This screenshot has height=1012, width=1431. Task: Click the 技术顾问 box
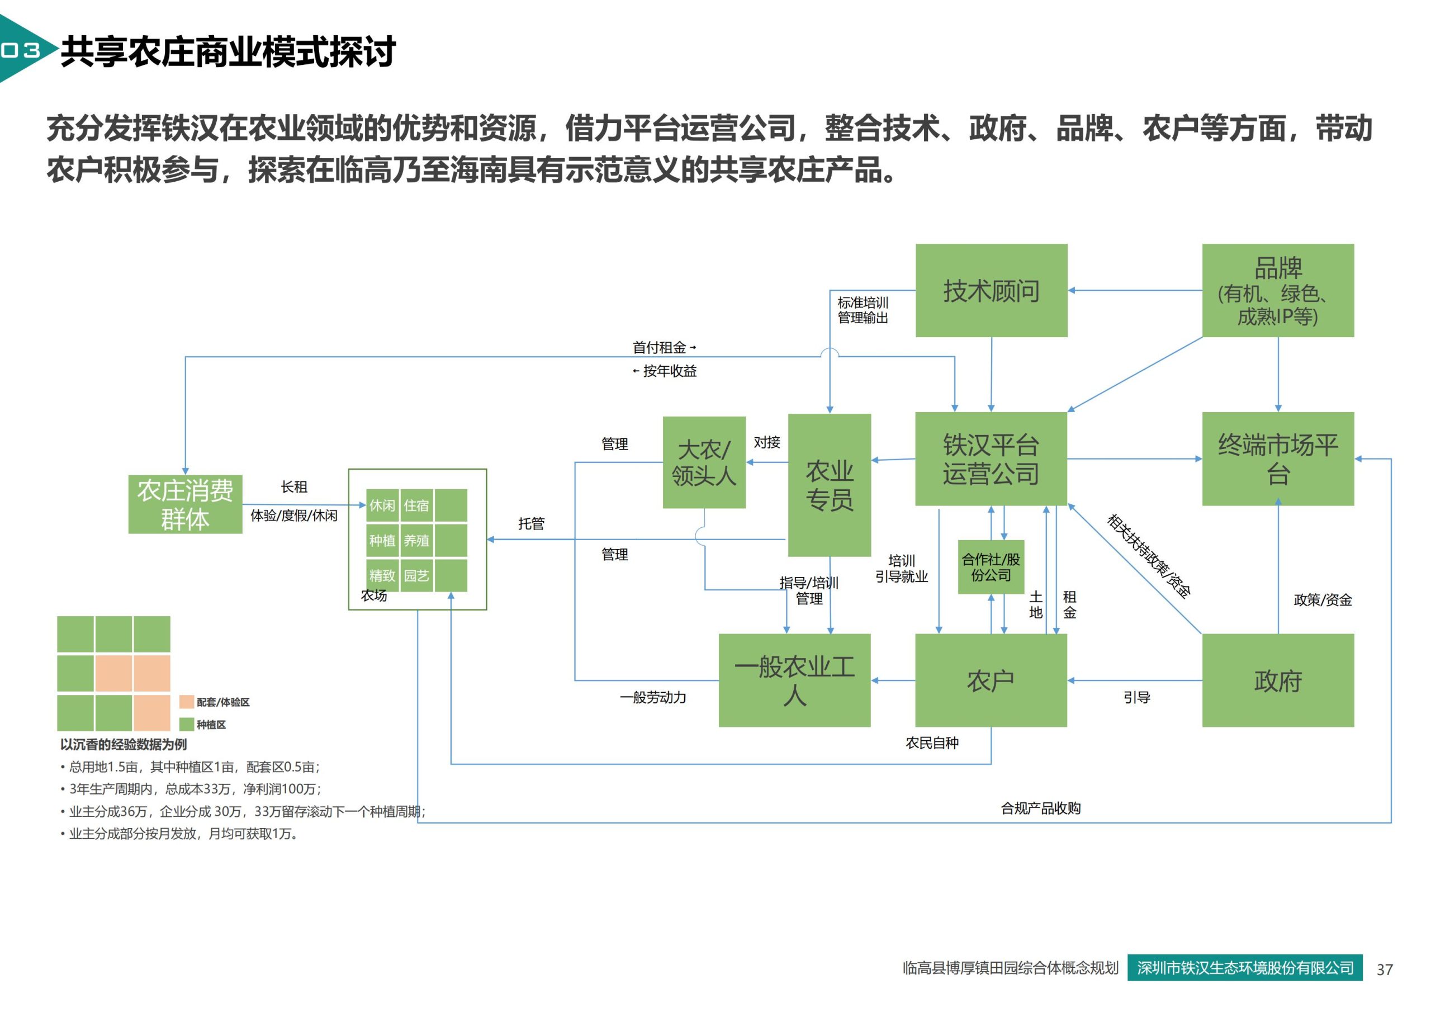pos(991,291)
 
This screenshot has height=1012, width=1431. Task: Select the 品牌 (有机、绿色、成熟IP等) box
pos(1278,291)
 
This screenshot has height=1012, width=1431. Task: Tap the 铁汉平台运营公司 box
pos(991,459)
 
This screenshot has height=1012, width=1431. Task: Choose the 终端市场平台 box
pos(1278,459)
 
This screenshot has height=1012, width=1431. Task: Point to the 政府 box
pos(1278,680)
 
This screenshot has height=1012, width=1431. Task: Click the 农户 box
pos(991,680)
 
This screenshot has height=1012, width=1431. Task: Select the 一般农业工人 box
pos(795,680)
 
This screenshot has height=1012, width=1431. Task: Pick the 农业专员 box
pos(830,485)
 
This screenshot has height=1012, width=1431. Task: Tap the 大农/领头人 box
pos(704,462)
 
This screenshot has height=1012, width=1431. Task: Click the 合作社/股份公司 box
pos(991,567)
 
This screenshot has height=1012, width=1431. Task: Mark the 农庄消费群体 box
pos(185,504)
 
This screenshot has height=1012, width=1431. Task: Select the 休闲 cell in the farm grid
pos(382,505)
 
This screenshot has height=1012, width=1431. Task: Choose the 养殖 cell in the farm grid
pos(416,540)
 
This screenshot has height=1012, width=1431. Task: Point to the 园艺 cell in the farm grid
pos(416,575)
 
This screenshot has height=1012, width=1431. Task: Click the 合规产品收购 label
pos(1041,808)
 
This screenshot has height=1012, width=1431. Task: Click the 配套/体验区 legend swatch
pos(186,702)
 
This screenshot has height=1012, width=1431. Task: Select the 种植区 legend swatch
pos(186,724)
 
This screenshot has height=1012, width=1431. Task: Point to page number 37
pos(1385,970)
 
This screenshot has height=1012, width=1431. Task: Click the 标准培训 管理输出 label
pos(863,310)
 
